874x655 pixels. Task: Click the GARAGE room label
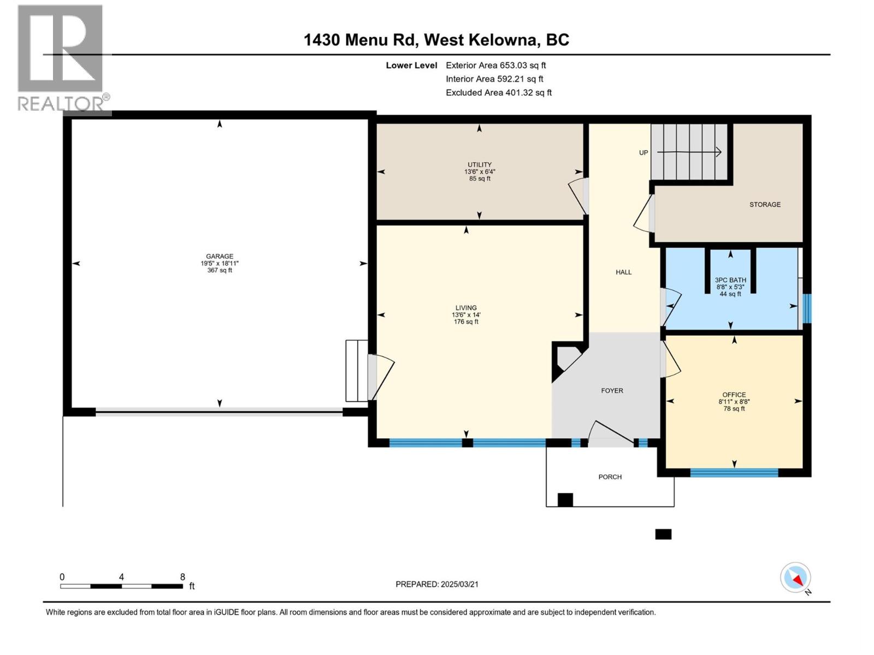click(x=220, y=256)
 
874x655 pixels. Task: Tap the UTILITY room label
click(x=479, y=164)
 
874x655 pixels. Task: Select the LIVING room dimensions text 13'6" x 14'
click(x=466, y=315)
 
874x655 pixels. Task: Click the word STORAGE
click(x=765, y=204)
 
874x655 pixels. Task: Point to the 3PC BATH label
click(x=730, y=280)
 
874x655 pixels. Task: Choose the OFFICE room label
click(x=734, y=395)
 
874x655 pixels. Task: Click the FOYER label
click(x=612, y=391)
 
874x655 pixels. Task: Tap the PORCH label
click(x=610, y=477)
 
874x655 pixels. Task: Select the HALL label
click(x=623, y=272)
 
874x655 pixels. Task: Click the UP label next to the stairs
click(x=643, y=153)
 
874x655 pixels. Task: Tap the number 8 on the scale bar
click(x=182, y=577)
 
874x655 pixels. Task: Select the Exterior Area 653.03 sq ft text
click(x=495, y=65)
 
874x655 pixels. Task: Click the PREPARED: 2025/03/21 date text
click(x=437, y=584)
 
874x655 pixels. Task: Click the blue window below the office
click(x=734, y=472)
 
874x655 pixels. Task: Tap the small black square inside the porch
click(x=565, y=499)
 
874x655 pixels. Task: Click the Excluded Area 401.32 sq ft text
click(x=498, y=93)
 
